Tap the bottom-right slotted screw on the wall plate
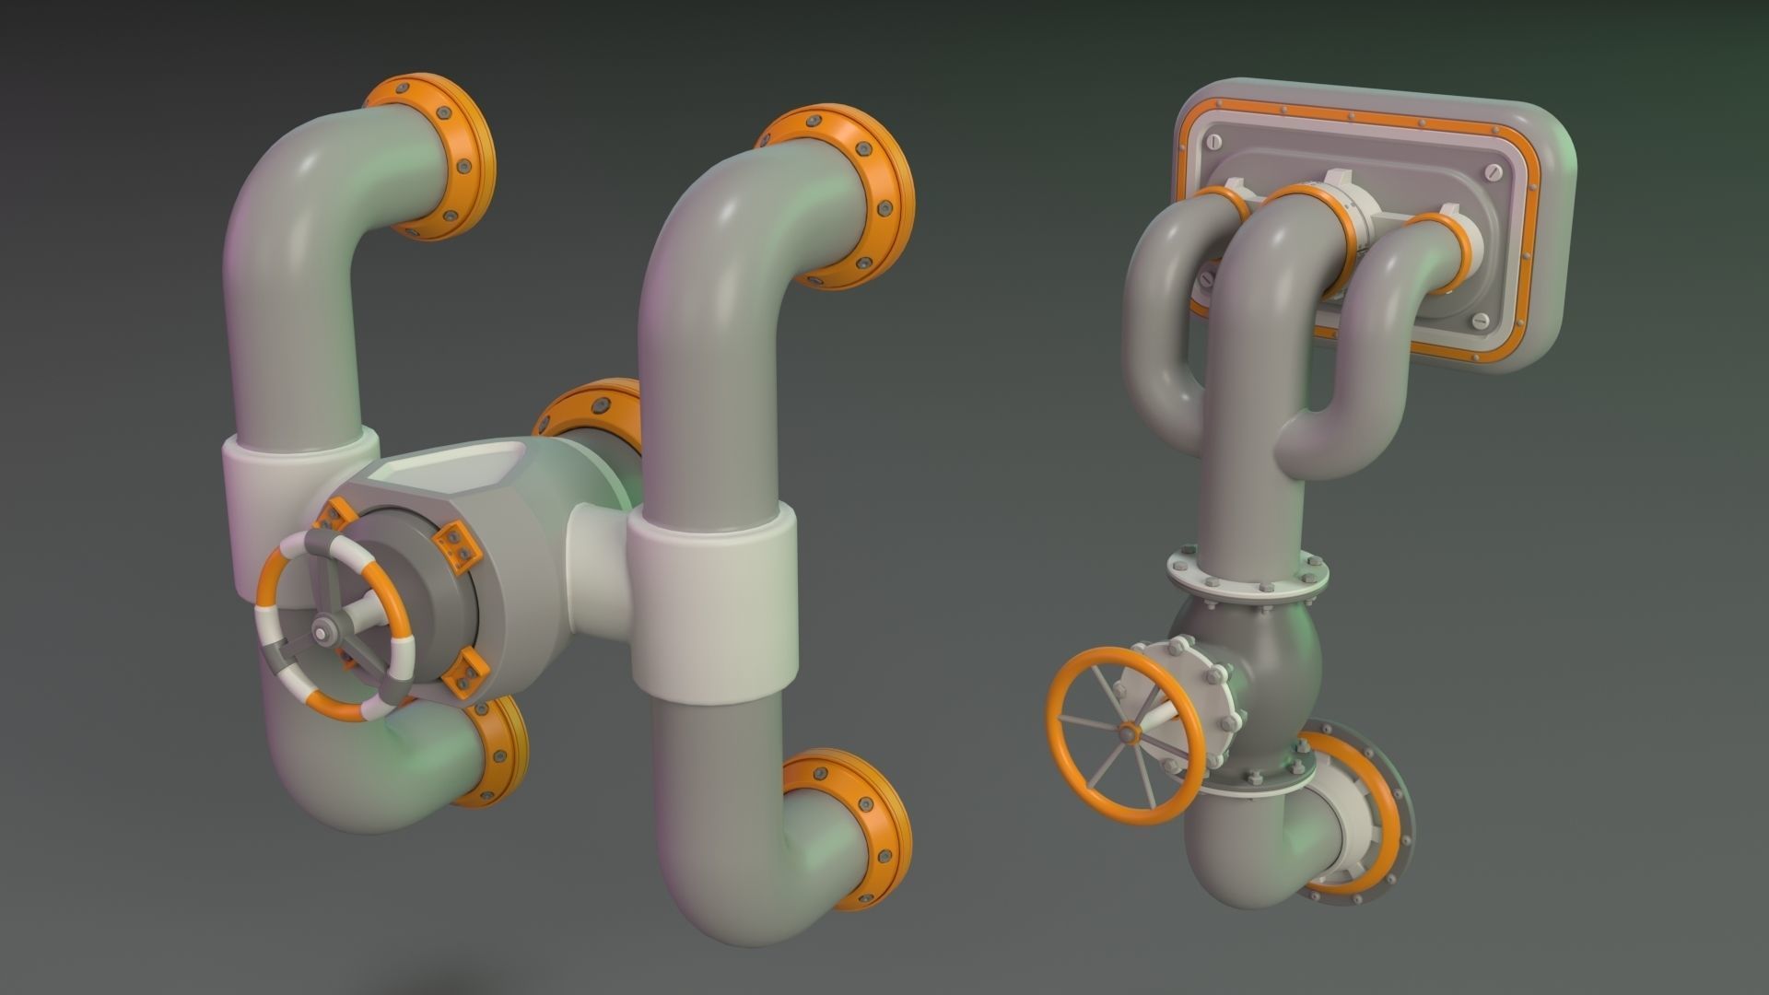1481,321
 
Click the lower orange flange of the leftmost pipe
496,752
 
